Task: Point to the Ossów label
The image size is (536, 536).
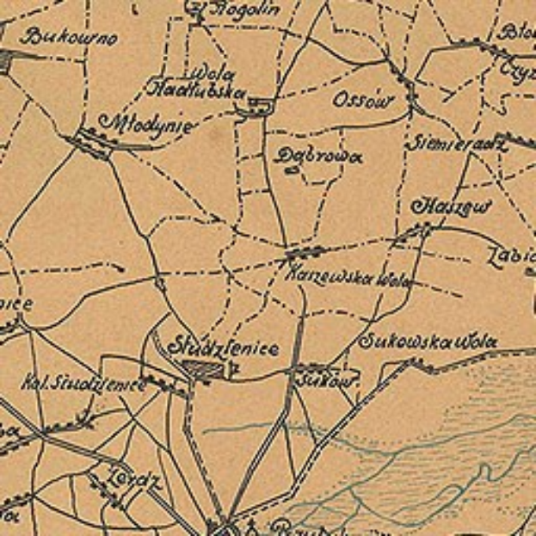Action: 362,100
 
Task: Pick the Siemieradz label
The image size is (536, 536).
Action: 455,143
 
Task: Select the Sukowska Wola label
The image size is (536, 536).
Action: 428,342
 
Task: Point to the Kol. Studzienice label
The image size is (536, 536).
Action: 83,382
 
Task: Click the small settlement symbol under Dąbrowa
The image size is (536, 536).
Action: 292,171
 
